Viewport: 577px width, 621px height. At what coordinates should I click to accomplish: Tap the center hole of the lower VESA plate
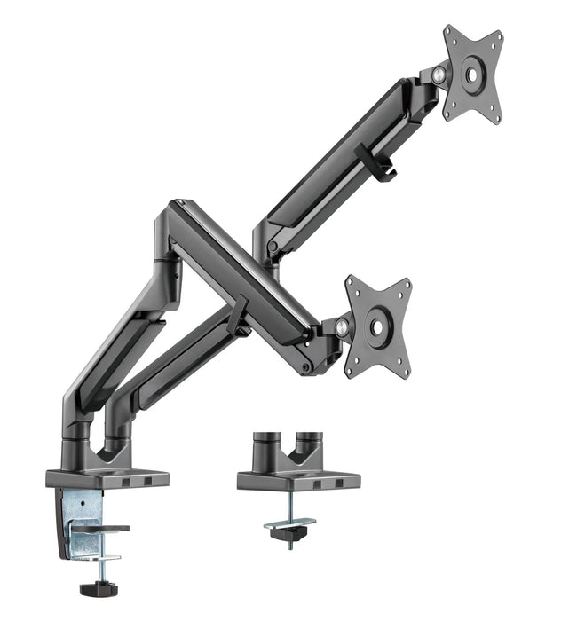[377, 326]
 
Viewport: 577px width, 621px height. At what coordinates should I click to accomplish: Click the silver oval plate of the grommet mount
[290, 523]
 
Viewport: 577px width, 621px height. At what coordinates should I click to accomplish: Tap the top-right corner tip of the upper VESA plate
[499, 35]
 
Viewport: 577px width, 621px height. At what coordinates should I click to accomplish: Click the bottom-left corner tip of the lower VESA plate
[348, 375]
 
